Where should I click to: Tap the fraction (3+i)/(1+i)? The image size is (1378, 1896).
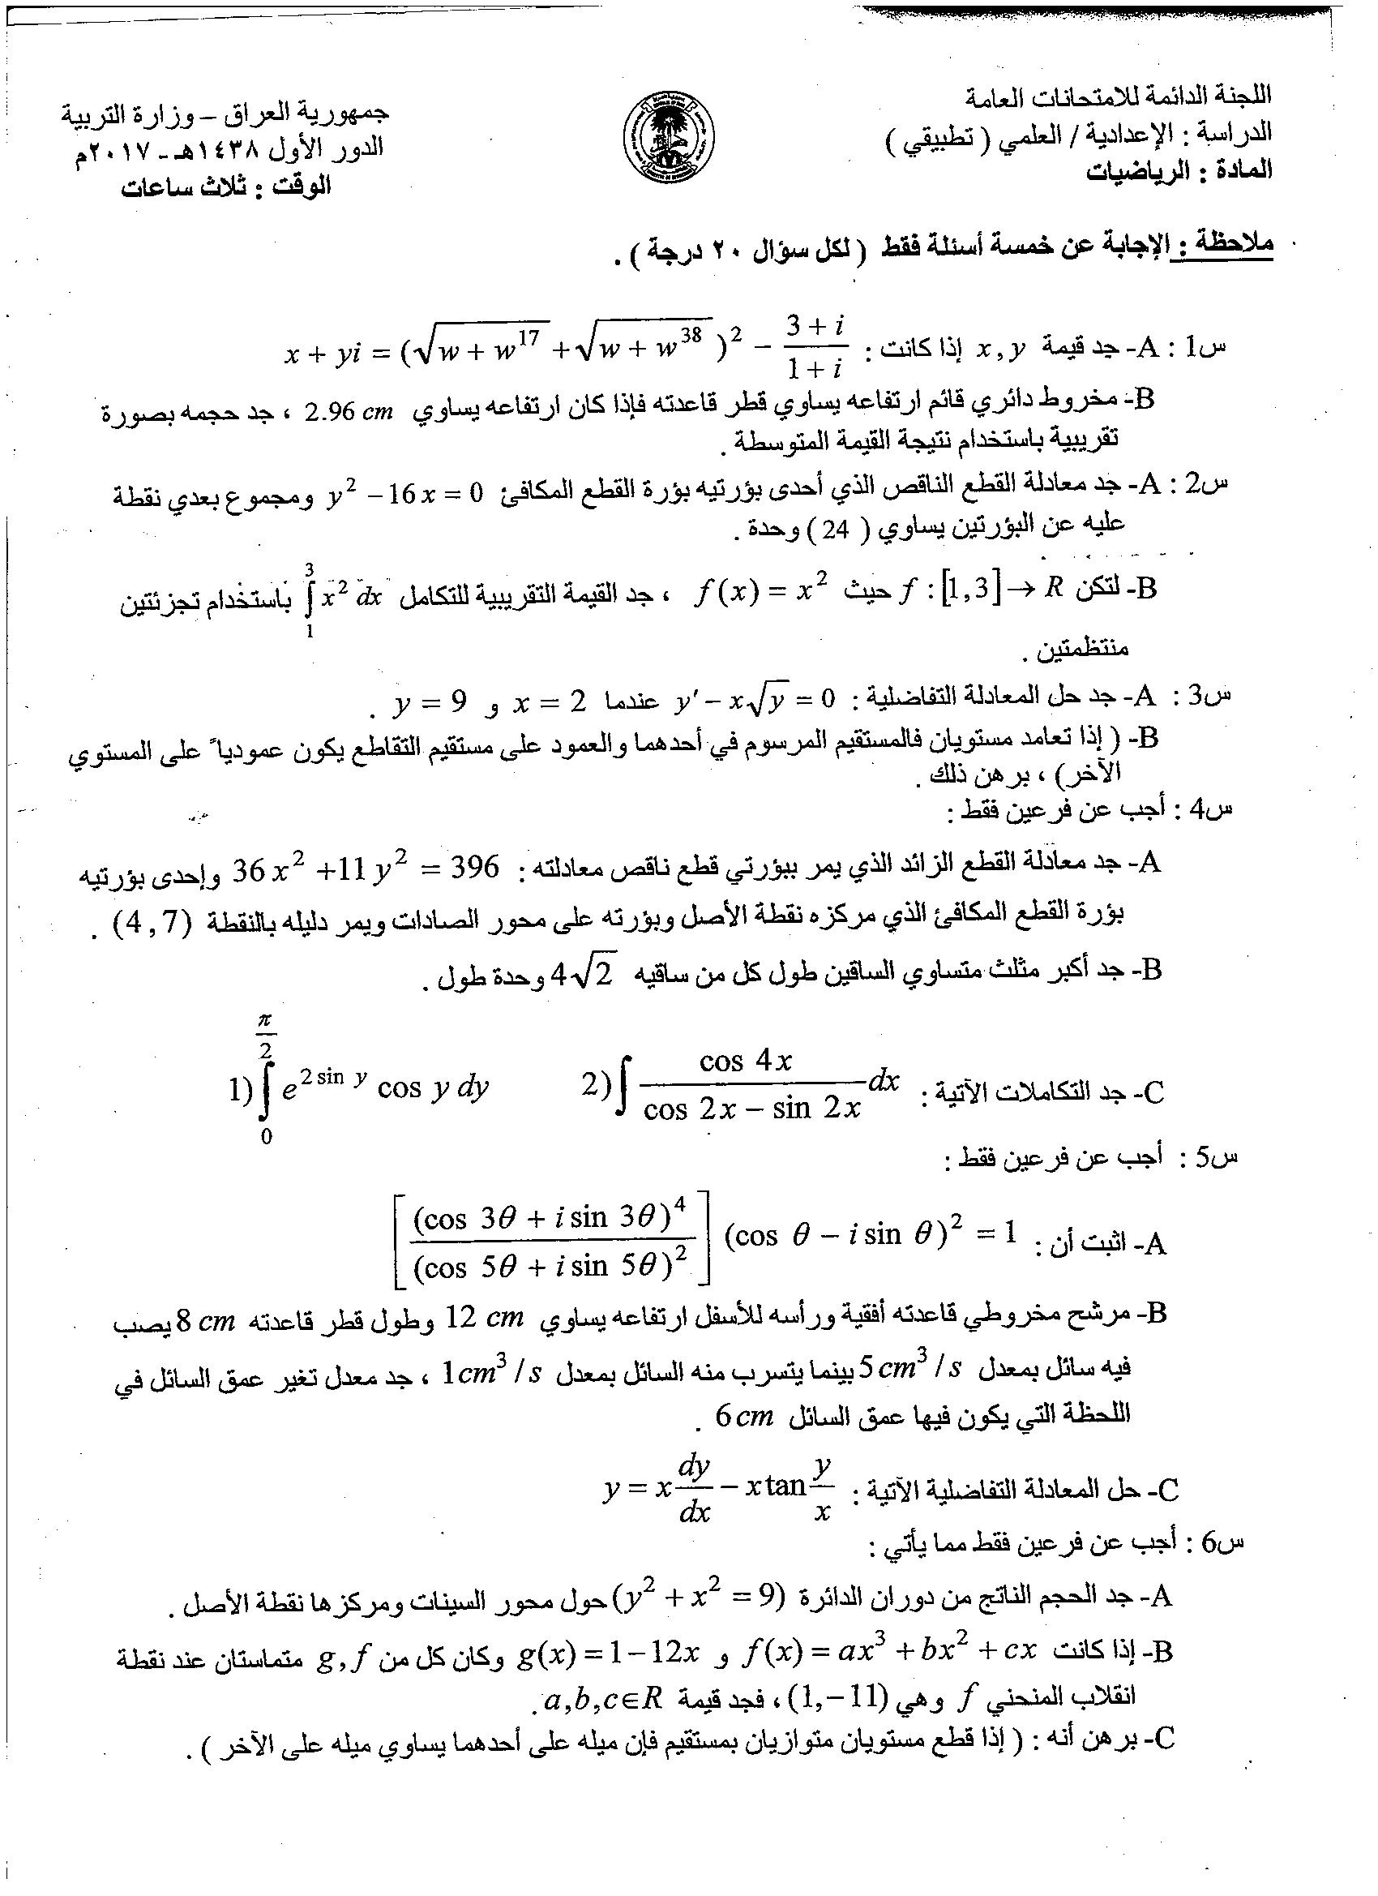tap(815, 349)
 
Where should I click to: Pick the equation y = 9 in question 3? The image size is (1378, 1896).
tap(430, 701)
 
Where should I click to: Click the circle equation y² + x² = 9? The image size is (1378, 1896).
tap(696, 1598)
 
